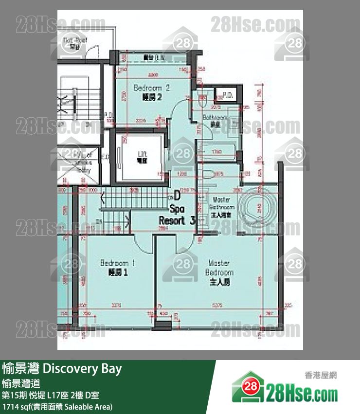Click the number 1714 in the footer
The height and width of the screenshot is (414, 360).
tap(10, 406)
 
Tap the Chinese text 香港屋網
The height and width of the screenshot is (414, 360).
tap(321, 376)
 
